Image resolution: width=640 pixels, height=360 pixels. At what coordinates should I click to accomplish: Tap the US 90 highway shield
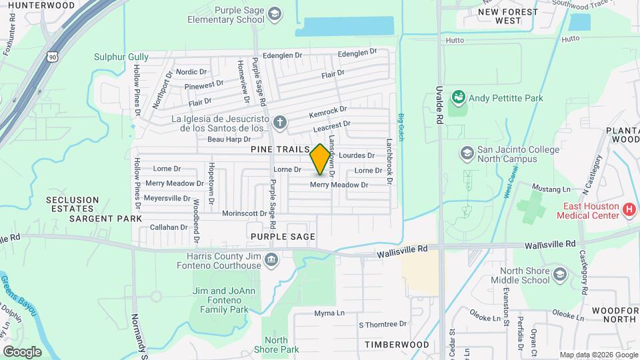coord(53,57)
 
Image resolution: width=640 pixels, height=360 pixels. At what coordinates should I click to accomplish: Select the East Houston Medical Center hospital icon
coord(628,211)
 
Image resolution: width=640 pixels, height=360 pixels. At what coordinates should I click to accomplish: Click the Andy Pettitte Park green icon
coord(458,99)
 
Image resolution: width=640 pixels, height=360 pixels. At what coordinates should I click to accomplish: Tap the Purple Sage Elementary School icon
coord(273,14)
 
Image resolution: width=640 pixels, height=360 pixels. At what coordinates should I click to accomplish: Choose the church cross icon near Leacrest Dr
coord(280,122)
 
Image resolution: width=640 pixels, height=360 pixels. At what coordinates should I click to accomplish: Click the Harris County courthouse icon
coord(271,259)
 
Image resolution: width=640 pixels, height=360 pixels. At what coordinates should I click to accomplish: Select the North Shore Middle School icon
coord(559,275)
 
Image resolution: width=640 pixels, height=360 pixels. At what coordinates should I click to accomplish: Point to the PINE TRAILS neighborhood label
coord(280,151)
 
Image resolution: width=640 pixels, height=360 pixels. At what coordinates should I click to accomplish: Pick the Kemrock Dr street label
coord(327,110)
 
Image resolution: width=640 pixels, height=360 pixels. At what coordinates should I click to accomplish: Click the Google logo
coord(22,351)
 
